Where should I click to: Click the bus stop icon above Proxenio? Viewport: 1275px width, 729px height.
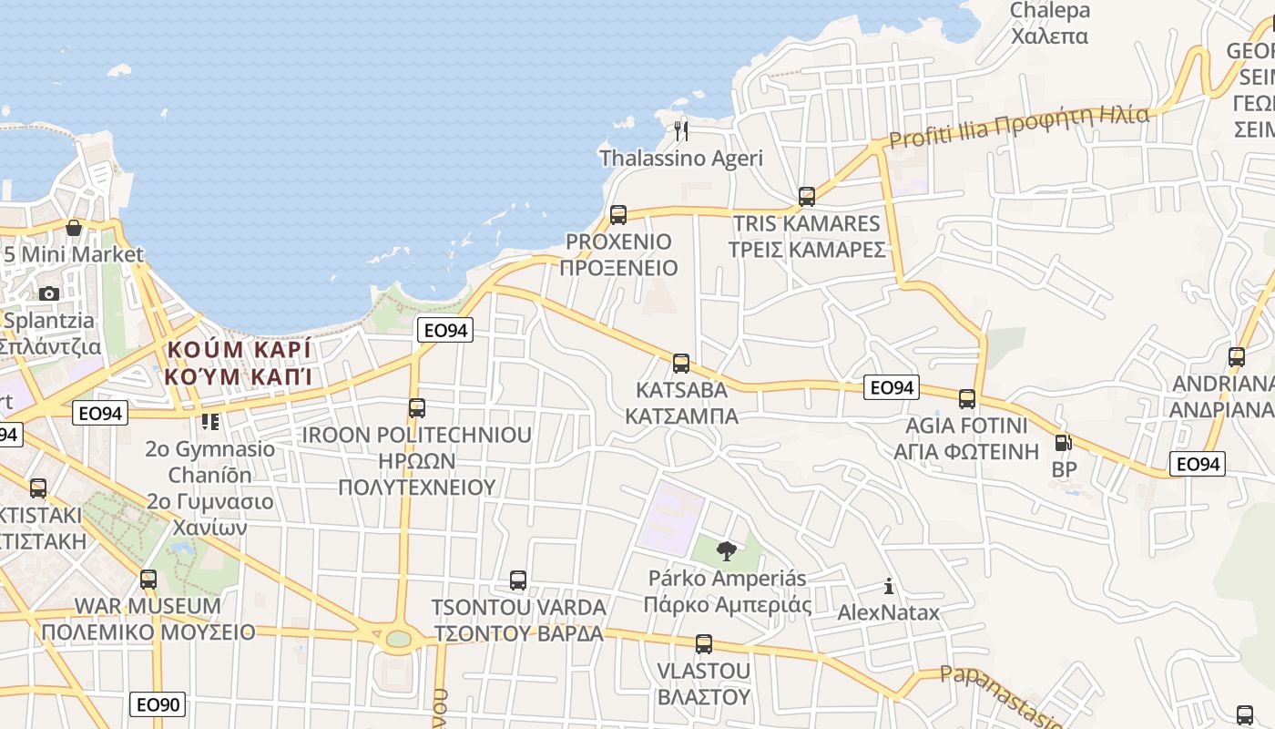pyautogui.click(x=618, y=215)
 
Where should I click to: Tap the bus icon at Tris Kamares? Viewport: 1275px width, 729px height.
pyautogui.click(x=806, y=196)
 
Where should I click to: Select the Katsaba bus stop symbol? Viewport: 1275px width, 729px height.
pyautogui.click(x=680, y=364)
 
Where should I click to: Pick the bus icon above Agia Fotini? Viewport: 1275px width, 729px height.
pyautogui.click(x=967, y=398)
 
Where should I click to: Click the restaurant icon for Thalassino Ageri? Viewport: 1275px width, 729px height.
pyautogui.click(x=680, y=131)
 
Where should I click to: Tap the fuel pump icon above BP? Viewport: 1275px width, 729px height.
pyautogui.click(x=1062, y=443)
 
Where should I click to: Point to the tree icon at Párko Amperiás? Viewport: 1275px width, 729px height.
pyautogui.click(x=726, y=550)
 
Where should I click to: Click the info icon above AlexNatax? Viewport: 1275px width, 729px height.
pyautogui.click(x=889, y=586)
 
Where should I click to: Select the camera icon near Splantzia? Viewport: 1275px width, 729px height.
pyautogui.click(x=49, y=293)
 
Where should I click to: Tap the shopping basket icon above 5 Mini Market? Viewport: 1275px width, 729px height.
pyautogui.click(x=74, y=227)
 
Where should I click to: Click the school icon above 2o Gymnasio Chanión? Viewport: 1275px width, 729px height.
pyautogui.click(x=210, y=422)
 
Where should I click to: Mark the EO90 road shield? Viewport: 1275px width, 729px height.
pyautogui.click(x=158, y=703)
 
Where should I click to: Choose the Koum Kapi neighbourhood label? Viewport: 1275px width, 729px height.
pyautogui.click(x=239, y=362)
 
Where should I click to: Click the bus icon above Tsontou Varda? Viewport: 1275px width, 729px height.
pyautogui.click(x=518, y=580)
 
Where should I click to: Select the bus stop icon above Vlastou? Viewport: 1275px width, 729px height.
pyautogui.click(x=703, y=644)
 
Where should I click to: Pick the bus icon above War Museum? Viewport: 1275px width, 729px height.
pyautogui.click(x=148, y=579)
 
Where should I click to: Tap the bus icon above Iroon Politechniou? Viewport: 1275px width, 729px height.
pyautogui.click(x=417, y=407)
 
